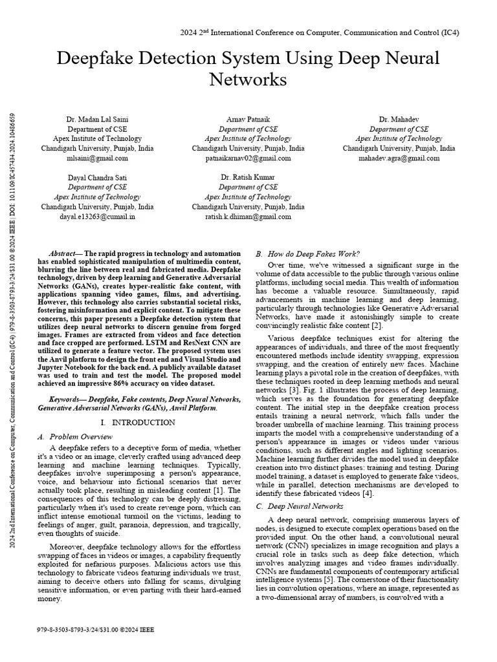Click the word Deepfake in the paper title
pyautogui.click(x=97, y=59)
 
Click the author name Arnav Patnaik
pyautogui.click(x=248, y=120)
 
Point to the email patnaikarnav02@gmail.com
pyautogui.click(x=248, y=158)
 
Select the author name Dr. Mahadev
pyautogui.click(x=398, y=120)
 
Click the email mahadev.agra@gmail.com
pyautogui.click(x=398, y=158)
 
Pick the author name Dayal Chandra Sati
pyautogui.click(x=97, y=177)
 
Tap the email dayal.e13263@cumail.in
pyautogui.click(x=97, y=217)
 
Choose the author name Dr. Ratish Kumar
pyautogui.click(x=248, y=177)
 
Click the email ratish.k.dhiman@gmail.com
pyautogui.click(x=248, y=217)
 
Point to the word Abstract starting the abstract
pyautogui.click(x=63, y=254)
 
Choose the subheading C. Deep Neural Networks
pyautogui.click(x=300, y=506)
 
